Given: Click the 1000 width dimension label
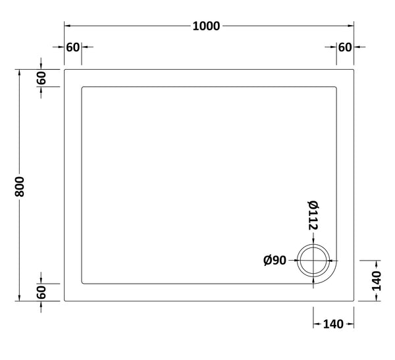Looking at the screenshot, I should [207, 26].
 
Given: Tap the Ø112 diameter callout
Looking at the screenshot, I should [313, 215].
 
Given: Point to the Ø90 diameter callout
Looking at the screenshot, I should [274, 261].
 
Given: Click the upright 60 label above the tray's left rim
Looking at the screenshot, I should [72, 47].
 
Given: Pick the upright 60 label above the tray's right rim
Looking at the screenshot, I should [345, 47].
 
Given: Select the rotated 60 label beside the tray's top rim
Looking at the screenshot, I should [41, 77].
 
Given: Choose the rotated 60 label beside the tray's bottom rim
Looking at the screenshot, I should [41, 292].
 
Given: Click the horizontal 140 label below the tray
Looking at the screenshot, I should [332, 324].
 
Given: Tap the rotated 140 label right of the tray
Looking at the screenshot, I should [377, 280].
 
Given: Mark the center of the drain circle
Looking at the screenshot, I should [314, 260].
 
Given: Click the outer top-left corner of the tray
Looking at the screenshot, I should [64, 68].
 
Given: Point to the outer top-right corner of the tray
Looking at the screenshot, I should [354, 68].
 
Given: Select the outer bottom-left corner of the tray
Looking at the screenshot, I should [64, 301].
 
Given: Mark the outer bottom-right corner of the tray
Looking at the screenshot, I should [354, 301].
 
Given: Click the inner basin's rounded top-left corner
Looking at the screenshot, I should [83, 87].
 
